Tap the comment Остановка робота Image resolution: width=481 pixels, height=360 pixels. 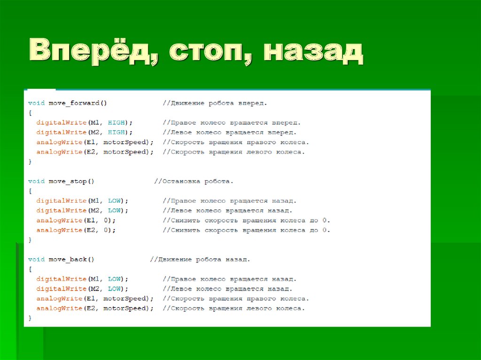point(194,181)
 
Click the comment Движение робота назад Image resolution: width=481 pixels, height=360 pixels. point(200,259)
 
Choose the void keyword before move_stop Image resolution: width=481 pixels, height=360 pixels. point(36,181)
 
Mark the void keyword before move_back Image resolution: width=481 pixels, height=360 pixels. point(36,259)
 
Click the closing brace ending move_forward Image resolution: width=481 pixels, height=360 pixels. point(30,162)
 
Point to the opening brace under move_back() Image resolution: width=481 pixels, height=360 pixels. point(30,269)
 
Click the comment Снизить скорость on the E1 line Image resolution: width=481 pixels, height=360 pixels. point(247,220)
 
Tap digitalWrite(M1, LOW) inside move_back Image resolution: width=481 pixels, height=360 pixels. point(82,279)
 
